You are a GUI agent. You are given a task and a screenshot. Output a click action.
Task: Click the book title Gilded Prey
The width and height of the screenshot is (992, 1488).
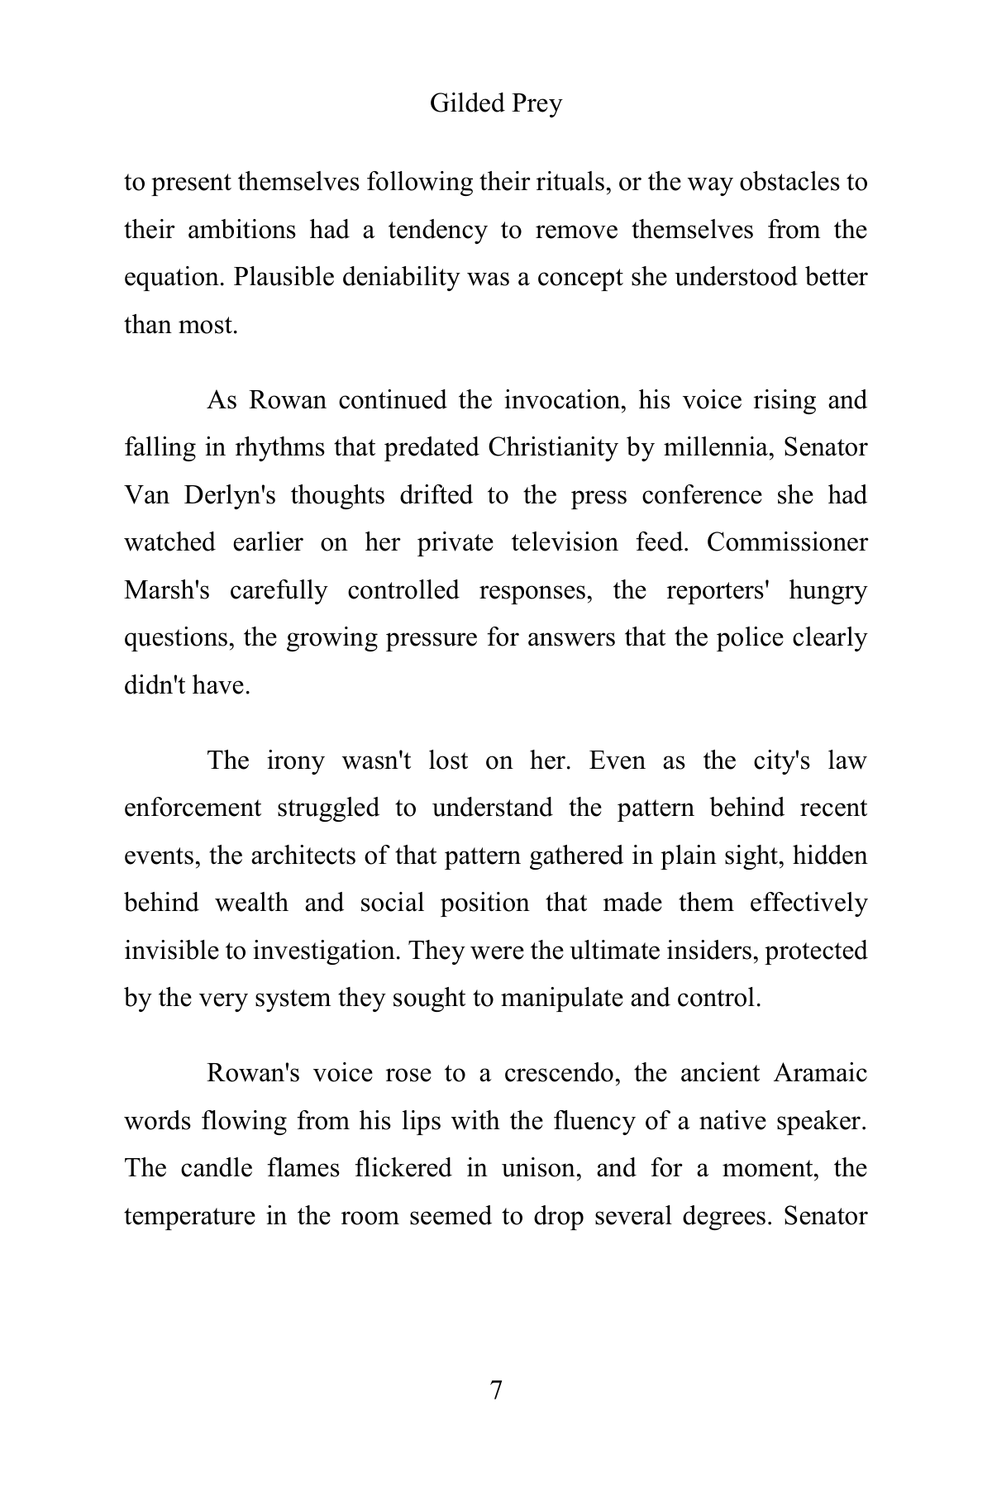coord(496,103)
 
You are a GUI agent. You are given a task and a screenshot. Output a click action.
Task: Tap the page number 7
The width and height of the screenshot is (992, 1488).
coord(496,1390)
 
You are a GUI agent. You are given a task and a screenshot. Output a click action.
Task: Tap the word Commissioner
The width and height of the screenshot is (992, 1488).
coord(787,542)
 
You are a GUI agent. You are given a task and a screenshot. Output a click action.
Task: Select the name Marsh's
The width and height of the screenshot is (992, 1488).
coord(167,590)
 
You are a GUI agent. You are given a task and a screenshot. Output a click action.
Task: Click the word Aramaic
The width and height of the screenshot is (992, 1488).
coord(820,1073)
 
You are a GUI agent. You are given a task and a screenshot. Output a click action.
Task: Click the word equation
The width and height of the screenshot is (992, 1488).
coord(174,277)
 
